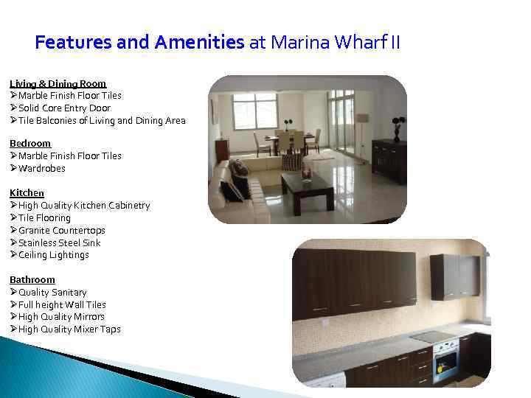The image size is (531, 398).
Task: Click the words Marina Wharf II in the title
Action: point(335,42)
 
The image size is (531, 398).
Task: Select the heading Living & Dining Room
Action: point(58,83)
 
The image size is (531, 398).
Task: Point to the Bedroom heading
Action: point(30,143)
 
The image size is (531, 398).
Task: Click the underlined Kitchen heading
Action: point(27,192)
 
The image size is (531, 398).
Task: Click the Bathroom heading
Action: point(32,279)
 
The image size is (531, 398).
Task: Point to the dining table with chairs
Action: point(288,140)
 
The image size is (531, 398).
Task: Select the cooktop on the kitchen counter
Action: point(432,336)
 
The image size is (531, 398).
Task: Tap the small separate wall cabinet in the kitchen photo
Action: point(454,276)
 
